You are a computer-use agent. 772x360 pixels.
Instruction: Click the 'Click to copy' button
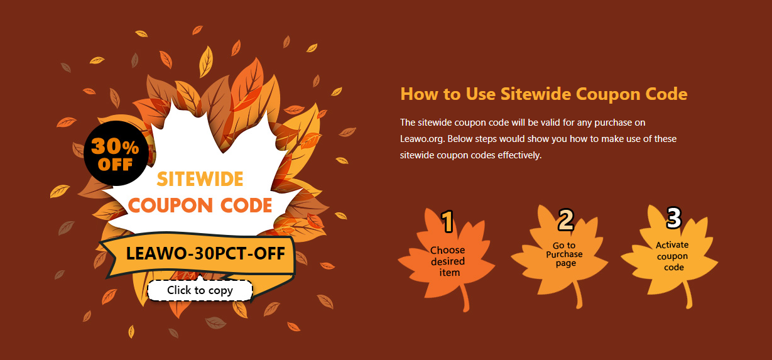pyautogui.click(x=200, y=290)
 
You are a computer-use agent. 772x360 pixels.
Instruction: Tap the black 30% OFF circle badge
pyautogui.click(x=116, y=153)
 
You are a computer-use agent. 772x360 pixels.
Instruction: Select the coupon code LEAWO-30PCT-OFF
pyautogui.click(x=205, y=253)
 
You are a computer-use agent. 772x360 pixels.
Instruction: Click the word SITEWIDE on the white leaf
pyautogui.click(x=200, y=179)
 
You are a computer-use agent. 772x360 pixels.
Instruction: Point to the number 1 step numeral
pyautogui.click(x=448, y=221)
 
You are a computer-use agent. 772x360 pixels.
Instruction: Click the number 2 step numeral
pyautogui.click(x=566, y=219)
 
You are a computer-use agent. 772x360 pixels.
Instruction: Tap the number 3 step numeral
pyautogui.click(x=674, y=217)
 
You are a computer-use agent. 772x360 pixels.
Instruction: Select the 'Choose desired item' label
pyautogui.click(x=448, y=261)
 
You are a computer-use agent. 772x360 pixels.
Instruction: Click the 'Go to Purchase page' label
pyautogui.click(x=565, y=254)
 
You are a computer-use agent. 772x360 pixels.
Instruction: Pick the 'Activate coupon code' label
pyautogui.click(x=672, y=256)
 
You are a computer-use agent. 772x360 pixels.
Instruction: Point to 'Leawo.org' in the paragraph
pyautogui.click(x=421, y=139)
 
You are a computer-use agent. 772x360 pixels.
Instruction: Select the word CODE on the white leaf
pyautogui.click(x=246, y=205)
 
